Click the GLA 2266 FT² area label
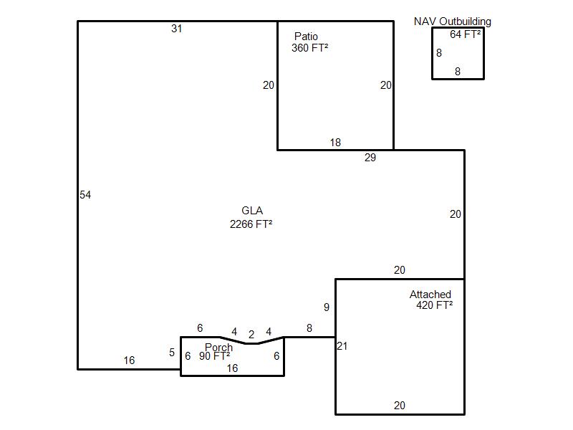tap(251, 217)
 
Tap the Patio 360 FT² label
tap(309, 42)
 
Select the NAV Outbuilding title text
tap(453, 21)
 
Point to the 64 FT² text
tap(465, 34)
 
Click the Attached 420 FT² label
tap(431, 300)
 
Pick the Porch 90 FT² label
tap(216, 351)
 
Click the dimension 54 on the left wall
tap(85, 194)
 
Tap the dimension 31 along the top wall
tap(177, 29)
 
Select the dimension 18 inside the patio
tap(335, 142)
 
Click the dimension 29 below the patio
tap(370, 158)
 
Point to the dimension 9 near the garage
tap(327, 307)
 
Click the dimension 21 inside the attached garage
tap(342, 346)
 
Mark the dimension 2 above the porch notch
tap(251, 334)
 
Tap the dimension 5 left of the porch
tap(172, 353)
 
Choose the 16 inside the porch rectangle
tap(232, 368)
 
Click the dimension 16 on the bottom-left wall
tap(129, 360)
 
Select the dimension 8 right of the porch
tap(309, 328)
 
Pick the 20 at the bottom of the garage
tap(400, 406)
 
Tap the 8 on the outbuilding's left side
tap(439, 53)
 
